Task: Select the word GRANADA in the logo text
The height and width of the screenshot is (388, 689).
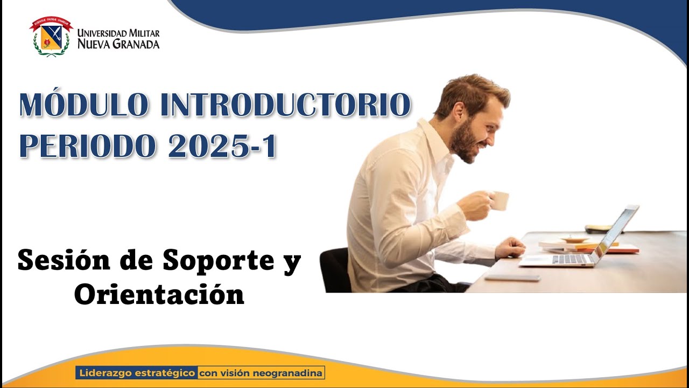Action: point(135,44)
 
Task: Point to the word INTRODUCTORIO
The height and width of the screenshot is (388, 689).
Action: point(285,106)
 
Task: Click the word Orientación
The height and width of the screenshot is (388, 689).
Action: point(159,294)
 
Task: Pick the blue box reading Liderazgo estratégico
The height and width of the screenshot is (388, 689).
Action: point(137,372)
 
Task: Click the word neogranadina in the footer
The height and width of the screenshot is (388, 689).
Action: point(291,372)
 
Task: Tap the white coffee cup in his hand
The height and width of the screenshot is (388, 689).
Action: point(500,200)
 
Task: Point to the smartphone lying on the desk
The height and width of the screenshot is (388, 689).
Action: point(512,278)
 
